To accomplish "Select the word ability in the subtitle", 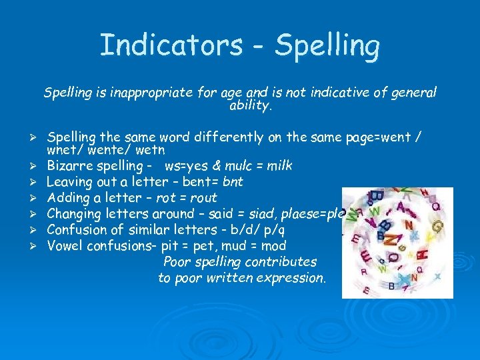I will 249,105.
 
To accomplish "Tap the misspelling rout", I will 203,197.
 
